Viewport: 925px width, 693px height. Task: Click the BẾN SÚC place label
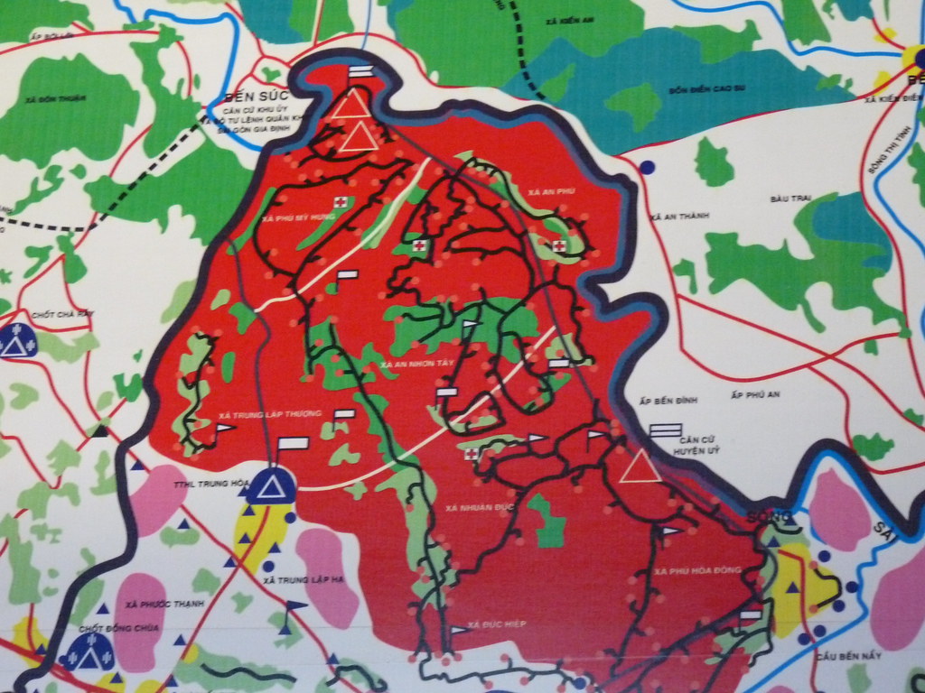(x=250, y=96)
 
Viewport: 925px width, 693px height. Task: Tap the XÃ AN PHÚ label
(x=554, y=192)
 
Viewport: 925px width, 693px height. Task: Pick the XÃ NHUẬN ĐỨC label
(x=480, y=508)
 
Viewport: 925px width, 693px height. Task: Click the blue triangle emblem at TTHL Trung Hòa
(x=268, y=487)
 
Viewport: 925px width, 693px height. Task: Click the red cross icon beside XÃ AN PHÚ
(x=559, y=245)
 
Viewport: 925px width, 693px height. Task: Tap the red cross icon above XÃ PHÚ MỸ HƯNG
(x=341, y=201)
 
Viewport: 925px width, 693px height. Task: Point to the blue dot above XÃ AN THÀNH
(x=647, y=167)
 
